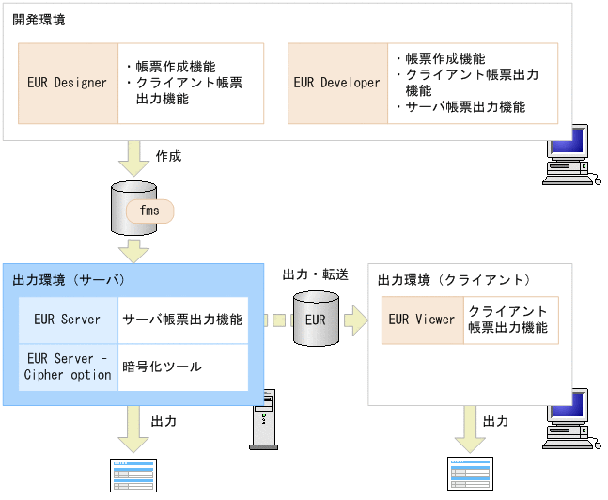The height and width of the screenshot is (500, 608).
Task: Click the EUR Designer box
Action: pos(68,83)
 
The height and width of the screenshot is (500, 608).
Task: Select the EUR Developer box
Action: pos(336,83)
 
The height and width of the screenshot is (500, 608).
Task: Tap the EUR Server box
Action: pos(67,320)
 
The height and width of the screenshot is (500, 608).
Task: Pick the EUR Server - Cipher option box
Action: pos(67,367)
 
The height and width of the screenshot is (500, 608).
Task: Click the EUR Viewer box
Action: pos(422,320)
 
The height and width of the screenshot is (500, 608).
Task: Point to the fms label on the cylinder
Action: pos(149,211)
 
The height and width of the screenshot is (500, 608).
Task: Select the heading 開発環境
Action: pos(39,20)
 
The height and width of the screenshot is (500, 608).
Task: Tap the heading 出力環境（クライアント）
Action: pos(454,280)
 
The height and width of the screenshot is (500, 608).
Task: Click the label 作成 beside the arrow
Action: pos(168,156)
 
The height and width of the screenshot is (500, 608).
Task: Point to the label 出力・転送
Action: pos(315,274)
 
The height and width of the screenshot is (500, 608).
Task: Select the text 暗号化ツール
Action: pos(162,367)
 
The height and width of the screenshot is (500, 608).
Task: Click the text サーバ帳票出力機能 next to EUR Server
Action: pos(182,320)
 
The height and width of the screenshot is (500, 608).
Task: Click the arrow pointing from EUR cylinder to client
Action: pos(355,320)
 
